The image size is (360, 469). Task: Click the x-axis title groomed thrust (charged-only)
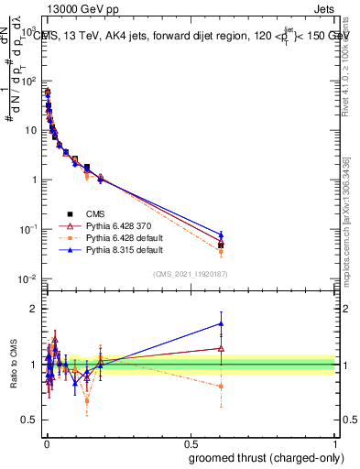tap(267, 456)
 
